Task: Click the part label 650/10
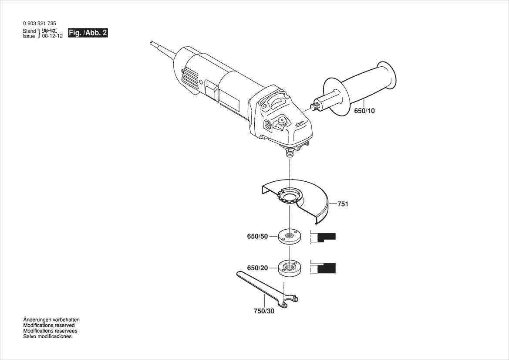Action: click(x=364, y=111)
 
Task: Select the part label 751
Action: click(x=343, y=204)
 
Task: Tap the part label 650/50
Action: click(x=257, y=237)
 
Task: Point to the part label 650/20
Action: click(x=257, y=268)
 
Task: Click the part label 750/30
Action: click(x=264, y=311)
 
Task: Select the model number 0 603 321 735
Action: click(x=39, y=24)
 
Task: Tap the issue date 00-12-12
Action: click(x=52, y=37)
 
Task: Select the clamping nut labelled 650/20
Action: click(x=289, y=267)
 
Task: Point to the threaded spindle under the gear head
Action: click(x=289, y=153)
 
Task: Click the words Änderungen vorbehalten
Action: click(x=51, y=319)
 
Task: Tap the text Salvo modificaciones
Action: click(x=47, y=336)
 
